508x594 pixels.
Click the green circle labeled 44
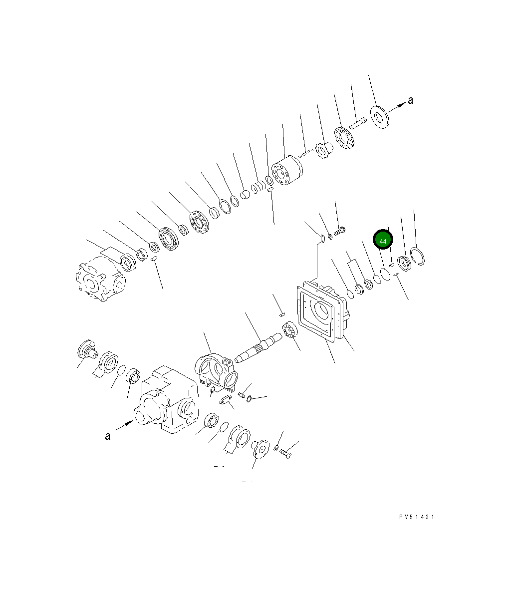(x=383, y=241)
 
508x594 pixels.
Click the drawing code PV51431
(x=417, y=517)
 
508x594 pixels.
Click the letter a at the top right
(x=411, y=100)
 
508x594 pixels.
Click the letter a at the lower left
(x=107, y=436)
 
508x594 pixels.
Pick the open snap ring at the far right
(x=418, y=257)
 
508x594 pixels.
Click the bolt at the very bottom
(x=285, y=454)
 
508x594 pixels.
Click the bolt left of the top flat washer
(x=358, y=122)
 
